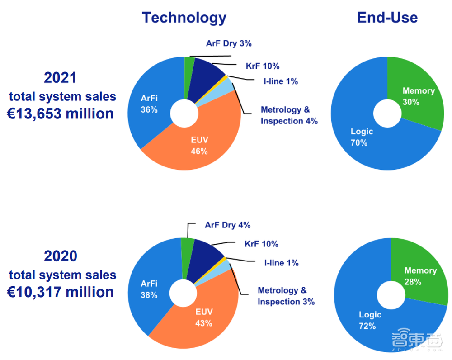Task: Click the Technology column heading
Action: click(184, 17)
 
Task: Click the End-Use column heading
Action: click(387, 17)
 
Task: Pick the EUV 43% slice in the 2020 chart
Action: click(204, 317)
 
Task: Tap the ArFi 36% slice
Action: click(149, 104)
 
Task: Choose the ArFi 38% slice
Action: click(149, 289)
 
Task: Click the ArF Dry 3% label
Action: click(229, 44)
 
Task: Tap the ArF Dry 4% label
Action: click(227, 225)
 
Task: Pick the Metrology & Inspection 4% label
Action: click(289, 115)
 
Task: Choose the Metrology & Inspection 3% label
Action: click(286, 296)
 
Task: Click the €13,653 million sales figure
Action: click(60, 113)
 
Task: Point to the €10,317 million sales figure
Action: click(60, 292)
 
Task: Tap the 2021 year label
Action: click(60, 77)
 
